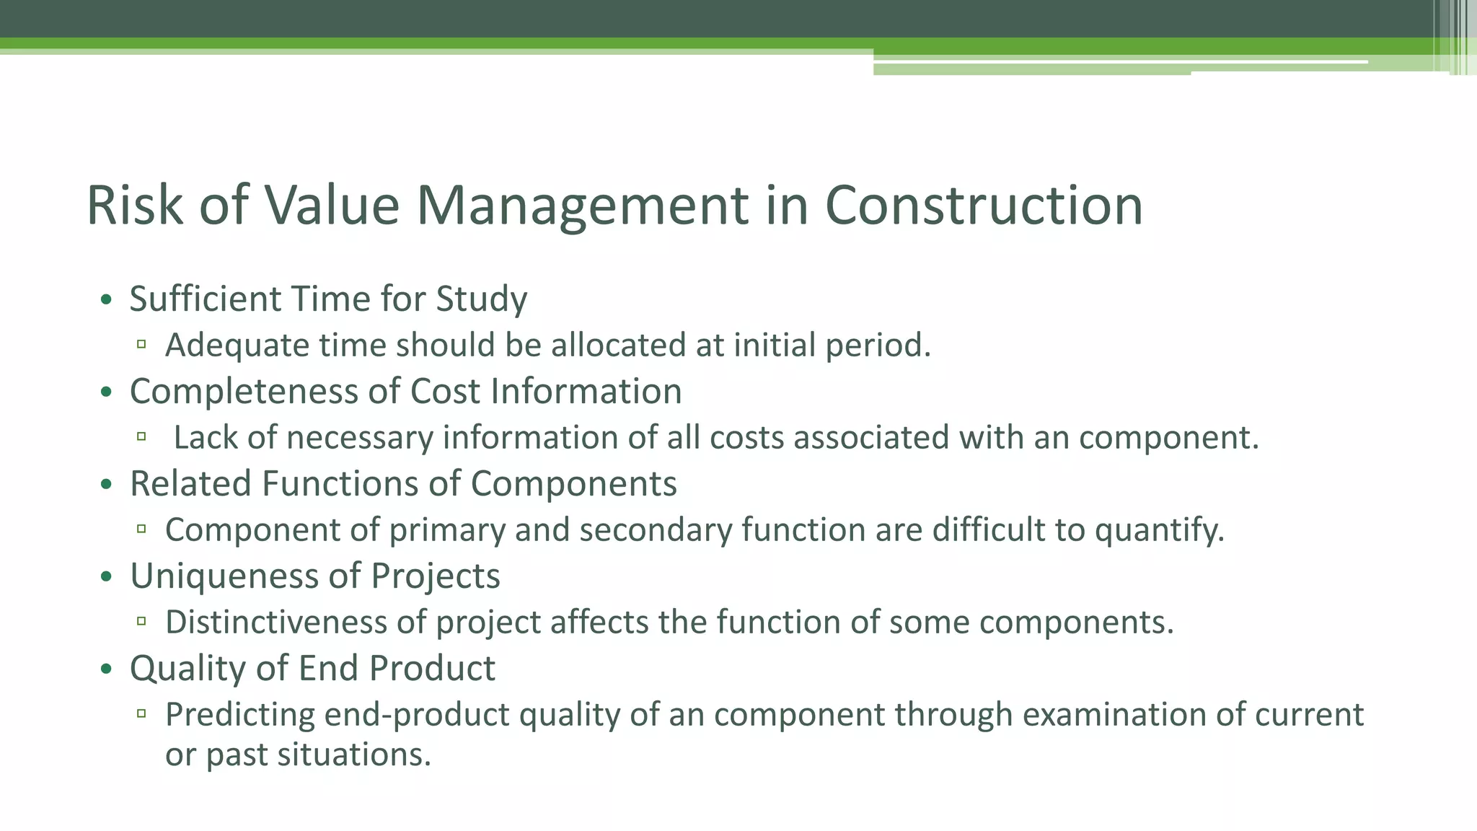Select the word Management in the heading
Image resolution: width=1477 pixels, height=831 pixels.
(582, 207)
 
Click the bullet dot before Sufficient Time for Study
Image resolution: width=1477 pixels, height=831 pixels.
(107, 299)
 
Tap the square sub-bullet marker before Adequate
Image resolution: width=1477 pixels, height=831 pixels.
(141, 345)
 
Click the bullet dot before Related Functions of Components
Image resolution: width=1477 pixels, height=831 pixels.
(107, 484)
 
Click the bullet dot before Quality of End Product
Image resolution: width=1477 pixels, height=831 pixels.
(107, 669)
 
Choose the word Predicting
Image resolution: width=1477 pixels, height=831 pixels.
(240, 716)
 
